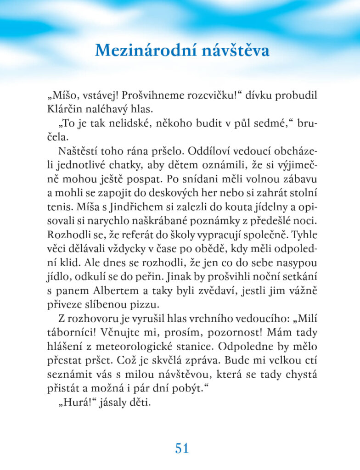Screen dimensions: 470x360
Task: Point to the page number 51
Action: (x=182, y=448)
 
